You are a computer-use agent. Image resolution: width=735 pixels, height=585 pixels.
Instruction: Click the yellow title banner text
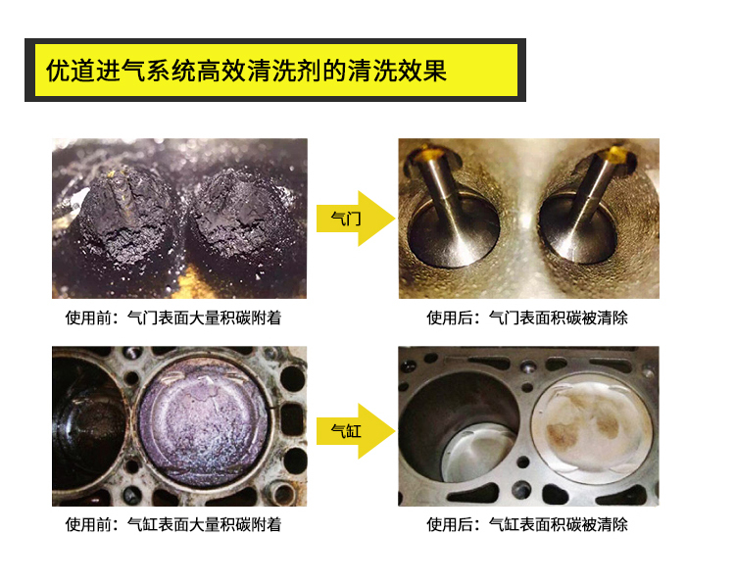(246, 72)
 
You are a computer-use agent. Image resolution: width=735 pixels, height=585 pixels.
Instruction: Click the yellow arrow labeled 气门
(356, 219)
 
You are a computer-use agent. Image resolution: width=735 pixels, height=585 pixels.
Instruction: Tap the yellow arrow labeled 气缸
(356, 431)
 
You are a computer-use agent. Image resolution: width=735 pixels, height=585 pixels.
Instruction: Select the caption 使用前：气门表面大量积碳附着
(173, 317)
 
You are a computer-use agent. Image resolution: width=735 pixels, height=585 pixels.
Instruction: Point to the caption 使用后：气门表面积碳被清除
(527, 317)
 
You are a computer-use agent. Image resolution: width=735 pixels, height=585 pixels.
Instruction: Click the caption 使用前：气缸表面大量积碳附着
(173, 524)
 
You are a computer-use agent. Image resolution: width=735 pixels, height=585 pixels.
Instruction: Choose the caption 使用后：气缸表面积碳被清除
(527, 524)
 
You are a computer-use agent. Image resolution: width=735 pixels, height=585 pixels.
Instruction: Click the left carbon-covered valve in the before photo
(126, 214)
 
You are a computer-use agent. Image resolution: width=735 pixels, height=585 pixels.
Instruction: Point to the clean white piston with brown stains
(592, 425)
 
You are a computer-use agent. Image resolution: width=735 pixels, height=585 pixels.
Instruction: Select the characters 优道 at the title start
(71, 72)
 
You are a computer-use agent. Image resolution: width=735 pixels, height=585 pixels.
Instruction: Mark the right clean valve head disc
(579, 229)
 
